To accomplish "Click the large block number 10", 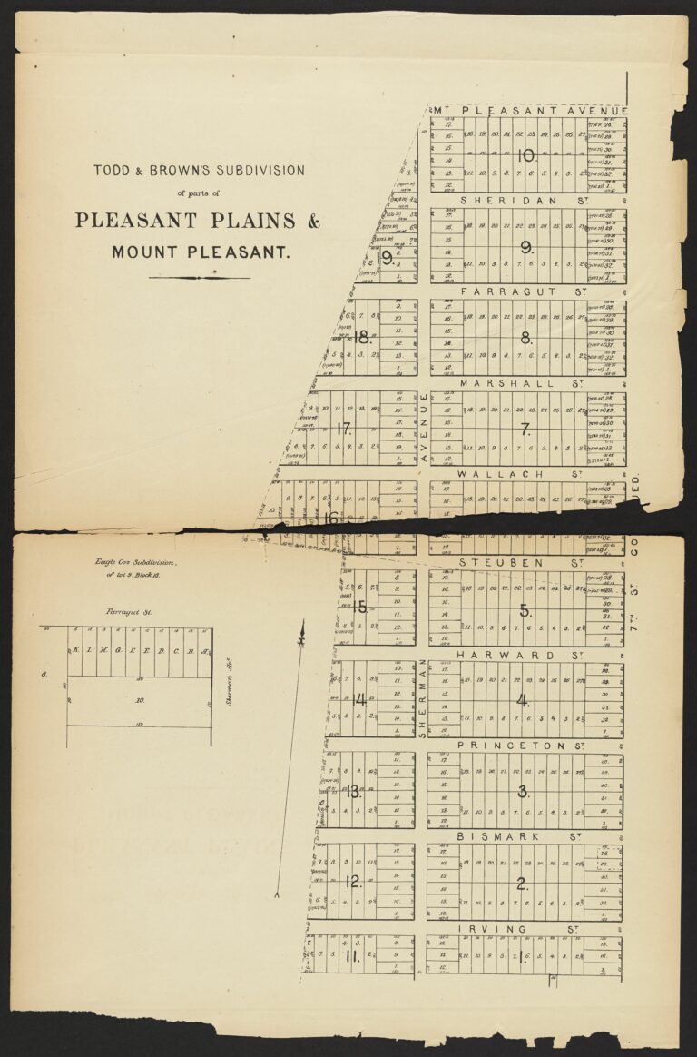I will [525, 155].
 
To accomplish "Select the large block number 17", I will [344, 429].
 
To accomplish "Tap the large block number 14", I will [359, 700].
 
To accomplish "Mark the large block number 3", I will [523, 791].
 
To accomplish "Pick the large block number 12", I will [354, 882].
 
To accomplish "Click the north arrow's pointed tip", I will [303, 623].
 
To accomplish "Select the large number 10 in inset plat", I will [139, 701].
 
